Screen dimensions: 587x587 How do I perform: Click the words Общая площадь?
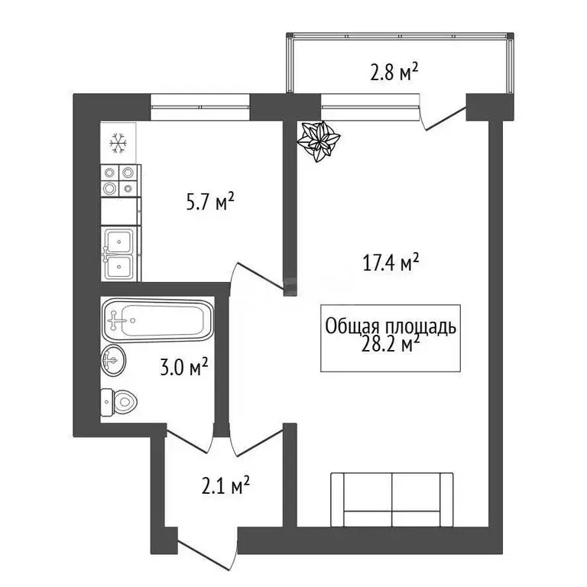[391, 327]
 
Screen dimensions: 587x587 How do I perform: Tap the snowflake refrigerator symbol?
[118, 141]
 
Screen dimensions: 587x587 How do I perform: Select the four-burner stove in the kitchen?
[119, 180]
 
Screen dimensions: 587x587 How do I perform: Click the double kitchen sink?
[119, 254]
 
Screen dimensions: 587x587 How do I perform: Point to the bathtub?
[157, 321]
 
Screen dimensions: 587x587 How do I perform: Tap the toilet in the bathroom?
[118, 400]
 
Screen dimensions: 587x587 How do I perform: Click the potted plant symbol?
[318, 141]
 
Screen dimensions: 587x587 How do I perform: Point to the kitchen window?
[200, 106]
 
